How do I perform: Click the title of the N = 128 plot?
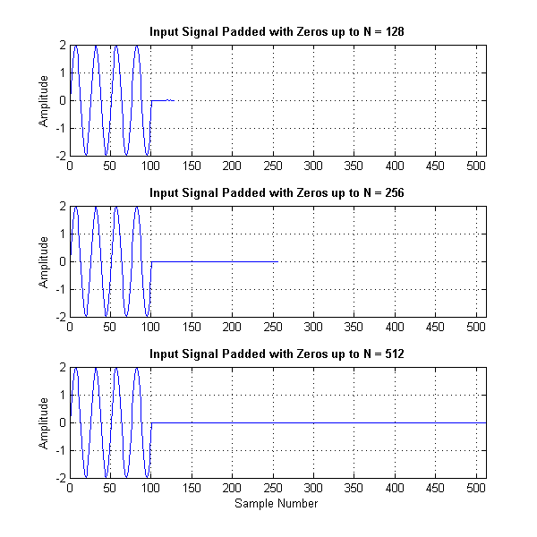point(277,32)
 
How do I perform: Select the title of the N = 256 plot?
point(277,192)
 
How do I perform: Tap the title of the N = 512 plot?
point(277,354)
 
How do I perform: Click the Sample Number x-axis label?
point(277,503)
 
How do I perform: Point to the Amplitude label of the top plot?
point(45,100)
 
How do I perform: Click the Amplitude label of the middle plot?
point(45,261)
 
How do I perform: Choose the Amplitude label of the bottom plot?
point(45,422)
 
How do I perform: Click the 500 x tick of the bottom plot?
point(476,489)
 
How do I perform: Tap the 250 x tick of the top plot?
point(273,166)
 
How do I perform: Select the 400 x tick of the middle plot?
point(395,328)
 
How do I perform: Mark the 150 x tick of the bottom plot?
point(192,489)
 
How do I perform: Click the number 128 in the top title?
point(392,32)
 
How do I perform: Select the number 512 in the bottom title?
point(392,354)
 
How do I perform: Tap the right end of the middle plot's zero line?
point(277,261)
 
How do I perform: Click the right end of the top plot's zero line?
point(174,100)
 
